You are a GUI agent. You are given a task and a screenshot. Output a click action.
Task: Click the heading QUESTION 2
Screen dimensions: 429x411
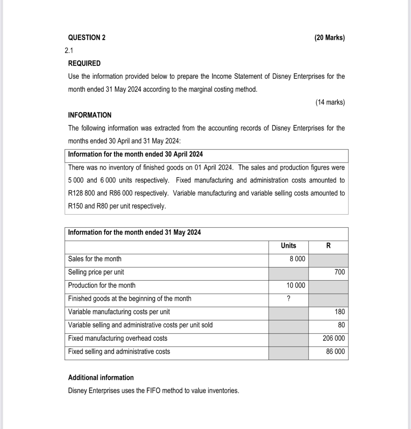[86, 37]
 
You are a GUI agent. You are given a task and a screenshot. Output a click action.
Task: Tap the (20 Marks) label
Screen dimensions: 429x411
[329, 37]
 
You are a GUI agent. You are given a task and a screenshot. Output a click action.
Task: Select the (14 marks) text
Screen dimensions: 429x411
[330, 102]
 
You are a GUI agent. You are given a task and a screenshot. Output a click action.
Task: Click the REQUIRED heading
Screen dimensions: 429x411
[84, 63]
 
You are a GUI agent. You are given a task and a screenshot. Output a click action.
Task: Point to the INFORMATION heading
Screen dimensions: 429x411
[90, 115]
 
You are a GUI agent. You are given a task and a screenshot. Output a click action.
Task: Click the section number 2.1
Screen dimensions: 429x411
[69, 51]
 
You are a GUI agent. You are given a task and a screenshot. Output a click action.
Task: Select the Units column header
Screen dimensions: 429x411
[288, 246]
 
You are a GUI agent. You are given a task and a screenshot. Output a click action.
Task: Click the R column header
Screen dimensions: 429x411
[328, 246]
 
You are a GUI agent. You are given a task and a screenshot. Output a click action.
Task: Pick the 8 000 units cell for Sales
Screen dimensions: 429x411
[297, 259]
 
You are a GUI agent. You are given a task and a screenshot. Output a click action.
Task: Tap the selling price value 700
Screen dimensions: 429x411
[339, 272]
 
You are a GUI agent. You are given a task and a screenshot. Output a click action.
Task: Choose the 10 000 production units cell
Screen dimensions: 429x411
[295, 285]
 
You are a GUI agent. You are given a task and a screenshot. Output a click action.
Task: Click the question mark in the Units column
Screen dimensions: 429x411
[288, 299]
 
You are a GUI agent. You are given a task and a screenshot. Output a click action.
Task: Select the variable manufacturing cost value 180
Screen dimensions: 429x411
[340, 312]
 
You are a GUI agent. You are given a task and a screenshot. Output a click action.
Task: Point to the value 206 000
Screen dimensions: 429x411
[334, 338]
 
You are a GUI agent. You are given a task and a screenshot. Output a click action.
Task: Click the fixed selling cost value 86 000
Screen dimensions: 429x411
[335, 351]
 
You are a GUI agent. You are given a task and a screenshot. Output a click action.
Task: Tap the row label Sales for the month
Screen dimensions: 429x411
[95, 259]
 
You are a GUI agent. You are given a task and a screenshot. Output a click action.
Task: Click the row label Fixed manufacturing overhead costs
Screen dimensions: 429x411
[117, 338]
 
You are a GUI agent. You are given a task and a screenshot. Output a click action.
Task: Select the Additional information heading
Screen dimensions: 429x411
[101, 377]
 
